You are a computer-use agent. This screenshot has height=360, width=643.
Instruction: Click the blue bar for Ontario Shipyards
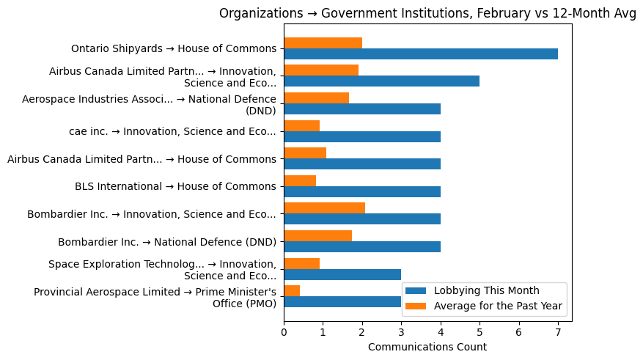coord(420,54)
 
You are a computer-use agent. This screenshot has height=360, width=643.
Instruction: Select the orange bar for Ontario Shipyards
coord(323,43)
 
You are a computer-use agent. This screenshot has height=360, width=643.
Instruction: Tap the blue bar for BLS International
coord(361,191)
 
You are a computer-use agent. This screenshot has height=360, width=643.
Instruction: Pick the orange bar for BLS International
coord(300,180)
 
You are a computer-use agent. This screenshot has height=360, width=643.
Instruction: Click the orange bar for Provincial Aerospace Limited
coord(292,290)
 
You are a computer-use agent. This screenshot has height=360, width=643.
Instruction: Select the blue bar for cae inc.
coord(361,136)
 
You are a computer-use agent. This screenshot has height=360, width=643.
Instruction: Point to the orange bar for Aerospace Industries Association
coord(316,98)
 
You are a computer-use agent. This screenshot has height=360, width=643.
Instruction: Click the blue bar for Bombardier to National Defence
coord(361,246)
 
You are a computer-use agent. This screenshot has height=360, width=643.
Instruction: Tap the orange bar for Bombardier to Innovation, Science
coord(324,208)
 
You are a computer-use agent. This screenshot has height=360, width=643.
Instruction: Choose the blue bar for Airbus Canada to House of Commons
coord(361,164)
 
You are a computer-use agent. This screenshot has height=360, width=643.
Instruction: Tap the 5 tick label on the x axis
coord(480,331)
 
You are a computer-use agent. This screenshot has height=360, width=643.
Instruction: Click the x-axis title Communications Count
coord(427,347)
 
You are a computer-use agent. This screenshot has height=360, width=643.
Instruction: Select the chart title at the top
coord(427,13)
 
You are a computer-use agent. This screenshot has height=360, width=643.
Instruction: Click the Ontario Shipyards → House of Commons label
coord(174,49)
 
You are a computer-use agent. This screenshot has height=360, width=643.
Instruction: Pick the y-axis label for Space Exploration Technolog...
coord(162,270)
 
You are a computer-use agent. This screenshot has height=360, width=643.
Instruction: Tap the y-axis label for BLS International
coord(175,186)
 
